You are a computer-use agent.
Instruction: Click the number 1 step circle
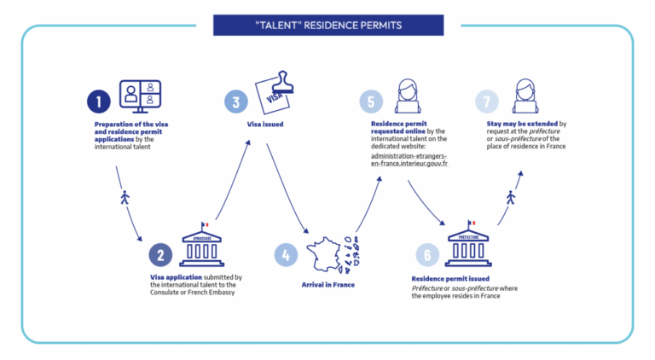(x=99, y=102)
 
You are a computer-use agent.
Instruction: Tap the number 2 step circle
(x=160, y=255)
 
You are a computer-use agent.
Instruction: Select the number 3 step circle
(x=236, y=102)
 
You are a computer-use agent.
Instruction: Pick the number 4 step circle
(x=286, y=255)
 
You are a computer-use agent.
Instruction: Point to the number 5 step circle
(x=371, y=102)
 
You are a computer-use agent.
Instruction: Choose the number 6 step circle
(x=427, y=255)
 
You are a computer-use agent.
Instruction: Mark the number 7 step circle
(x=487, y=102)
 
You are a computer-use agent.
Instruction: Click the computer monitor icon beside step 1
(x=141, y=96)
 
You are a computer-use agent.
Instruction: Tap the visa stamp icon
(x=275, y=92)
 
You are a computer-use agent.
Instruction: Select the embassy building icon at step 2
(x=202, y=244)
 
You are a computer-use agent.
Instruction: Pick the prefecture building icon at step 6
(x=468, y=243)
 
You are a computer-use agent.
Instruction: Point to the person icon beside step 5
(x=408, y=96)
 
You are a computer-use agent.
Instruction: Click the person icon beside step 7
(x=525, y=96)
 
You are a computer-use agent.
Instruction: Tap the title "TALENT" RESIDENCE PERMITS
(x=328, y=26)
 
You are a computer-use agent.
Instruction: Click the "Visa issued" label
(x=265, y=124)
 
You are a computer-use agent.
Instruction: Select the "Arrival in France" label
(x=327, y=285)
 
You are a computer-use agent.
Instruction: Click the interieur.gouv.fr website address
(x=409, y=160)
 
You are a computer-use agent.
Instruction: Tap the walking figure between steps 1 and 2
(x=125, y=197)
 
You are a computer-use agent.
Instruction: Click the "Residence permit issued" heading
(x=450, y=279)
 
